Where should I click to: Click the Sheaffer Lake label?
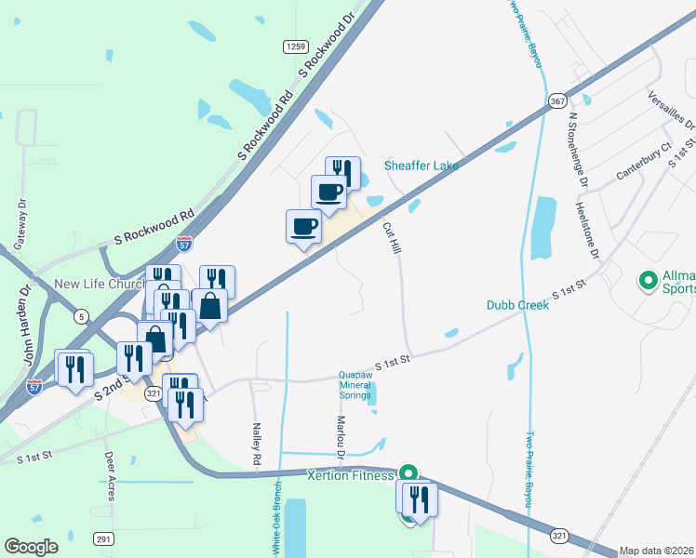tap(422, 166)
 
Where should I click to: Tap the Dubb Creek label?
tap(517, 304)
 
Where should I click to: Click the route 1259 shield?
tap(296, 46)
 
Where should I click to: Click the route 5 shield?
tap(82, 317)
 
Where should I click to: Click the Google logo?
tap(31, 547)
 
